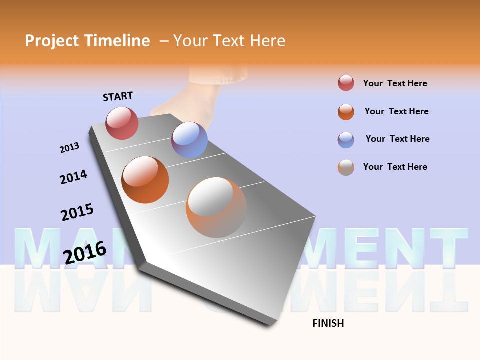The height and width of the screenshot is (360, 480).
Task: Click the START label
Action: (x=118, y=96)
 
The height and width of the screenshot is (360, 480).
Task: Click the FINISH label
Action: (x=328, y=323)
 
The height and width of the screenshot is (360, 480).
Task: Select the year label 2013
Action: (x=69, y=148)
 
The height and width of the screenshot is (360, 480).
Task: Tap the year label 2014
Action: (x=73, y=177)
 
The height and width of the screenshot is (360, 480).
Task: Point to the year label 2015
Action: (x=77, y=212)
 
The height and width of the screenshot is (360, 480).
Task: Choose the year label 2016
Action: (x=85, y=252)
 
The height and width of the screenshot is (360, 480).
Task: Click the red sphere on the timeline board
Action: (x=122, y=123)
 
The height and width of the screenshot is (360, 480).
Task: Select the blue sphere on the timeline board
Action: (x=189, y=140)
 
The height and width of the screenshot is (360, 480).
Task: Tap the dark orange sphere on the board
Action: (x=145, y=179)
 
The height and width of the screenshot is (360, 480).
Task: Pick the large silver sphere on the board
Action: (x=216, y=207)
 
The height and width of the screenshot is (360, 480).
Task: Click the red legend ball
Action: (x=346, y=83)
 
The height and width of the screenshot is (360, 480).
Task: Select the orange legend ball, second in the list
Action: (x=346, y=112)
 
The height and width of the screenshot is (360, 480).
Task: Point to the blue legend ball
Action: (x=346, y=139)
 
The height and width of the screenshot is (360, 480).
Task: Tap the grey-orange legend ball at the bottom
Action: (x=346, y=167)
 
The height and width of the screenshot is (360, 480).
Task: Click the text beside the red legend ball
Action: (x=395, y=83)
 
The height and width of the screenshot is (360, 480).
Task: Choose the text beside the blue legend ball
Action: (x=397, y=139)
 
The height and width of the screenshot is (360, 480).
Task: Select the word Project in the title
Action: (x=52, y=41)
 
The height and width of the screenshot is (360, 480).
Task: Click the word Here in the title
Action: (x=267, y=41)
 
